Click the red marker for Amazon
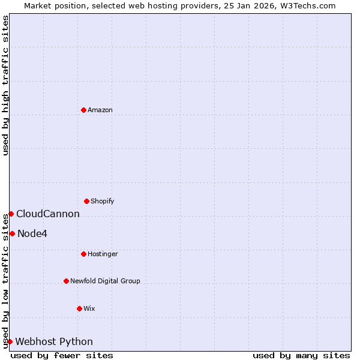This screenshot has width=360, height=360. [83, 110]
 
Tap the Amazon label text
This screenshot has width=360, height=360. [100, 110]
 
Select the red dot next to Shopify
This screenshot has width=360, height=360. [86, 201]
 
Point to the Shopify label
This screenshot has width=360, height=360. [102, 202]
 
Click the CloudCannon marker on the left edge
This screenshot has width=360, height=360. [11, 214]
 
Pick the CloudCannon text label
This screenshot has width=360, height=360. [48, 214]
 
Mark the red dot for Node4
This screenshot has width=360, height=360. [12, 233]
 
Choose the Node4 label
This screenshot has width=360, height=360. [32, 234]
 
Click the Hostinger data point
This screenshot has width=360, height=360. [83, 254]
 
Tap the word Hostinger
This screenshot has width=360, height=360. [103, 254]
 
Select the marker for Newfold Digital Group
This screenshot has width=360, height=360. [66, 281]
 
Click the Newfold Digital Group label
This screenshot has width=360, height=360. [105, 281]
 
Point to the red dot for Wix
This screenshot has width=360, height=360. [79, 308]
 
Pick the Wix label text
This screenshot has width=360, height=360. [89, 309]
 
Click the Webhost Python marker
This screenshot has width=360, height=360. [10, 341]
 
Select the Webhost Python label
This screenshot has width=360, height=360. [54, 342]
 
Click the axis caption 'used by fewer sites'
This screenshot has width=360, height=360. [62, 355]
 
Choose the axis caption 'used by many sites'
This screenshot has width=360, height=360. [301, 355]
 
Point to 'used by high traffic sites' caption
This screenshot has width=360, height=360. [5, 85]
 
